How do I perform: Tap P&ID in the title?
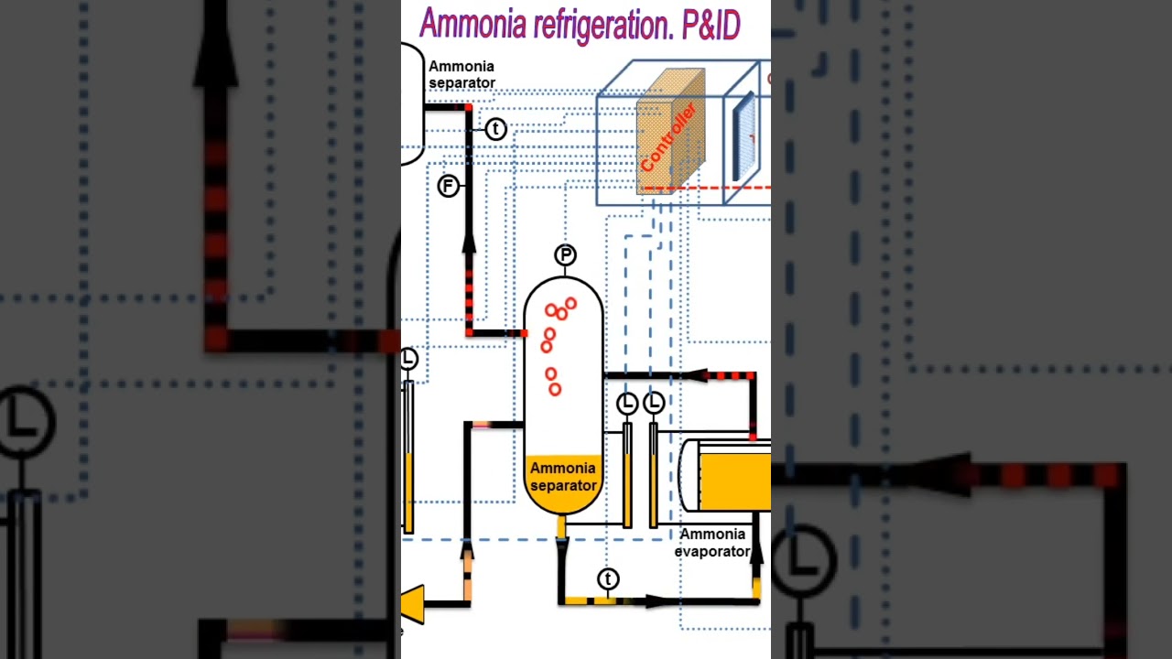pyautogui.click(x=711, y=26)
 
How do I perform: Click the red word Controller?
pyautogui.click(x=668, y=138)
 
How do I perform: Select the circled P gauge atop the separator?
pyautogui.click(x=565, y=255)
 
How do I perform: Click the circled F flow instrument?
pyautogui.click(x=448, y=187)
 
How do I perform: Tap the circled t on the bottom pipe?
pyautogui.click(x=608, y=579)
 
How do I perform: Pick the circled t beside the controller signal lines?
pyautogui.click(x=495, y=129)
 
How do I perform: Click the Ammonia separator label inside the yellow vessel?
pyautogui.click(x=563, y=477)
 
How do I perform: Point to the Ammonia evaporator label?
pyautogui.click(x=712, y=543)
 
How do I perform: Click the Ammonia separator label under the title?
pyautogui.click(x=461, y=75)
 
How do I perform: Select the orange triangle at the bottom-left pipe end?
pyautogui.click(x=413, y=604)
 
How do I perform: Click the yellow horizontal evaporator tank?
pyautogui.click(x=732, y=476)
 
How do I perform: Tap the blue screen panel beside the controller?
pyautogui.click(x=743, y=137)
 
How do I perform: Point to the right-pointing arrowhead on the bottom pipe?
pyautogui.click(x=656, y=601)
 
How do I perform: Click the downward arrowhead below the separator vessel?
pyautogui.click(x=562, y=547)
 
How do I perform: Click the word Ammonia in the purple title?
pyautogui.click(x=473, y=26)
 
